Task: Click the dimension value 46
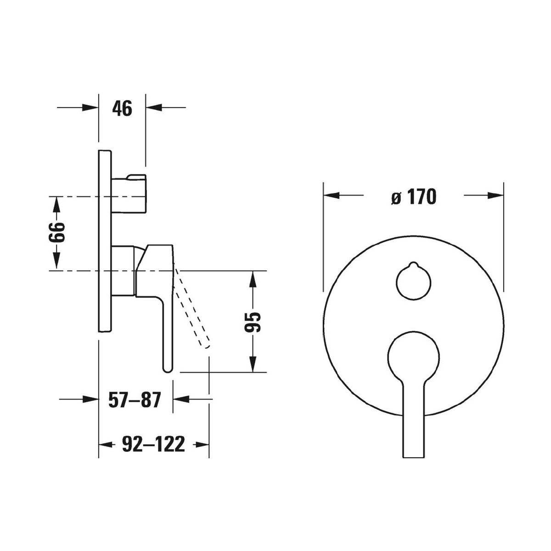[122, 108]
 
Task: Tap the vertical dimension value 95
[253, 322]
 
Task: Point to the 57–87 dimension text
[135, 400]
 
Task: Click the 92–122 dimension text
[153, 444]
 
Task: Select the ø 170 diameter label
[414, 197]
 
